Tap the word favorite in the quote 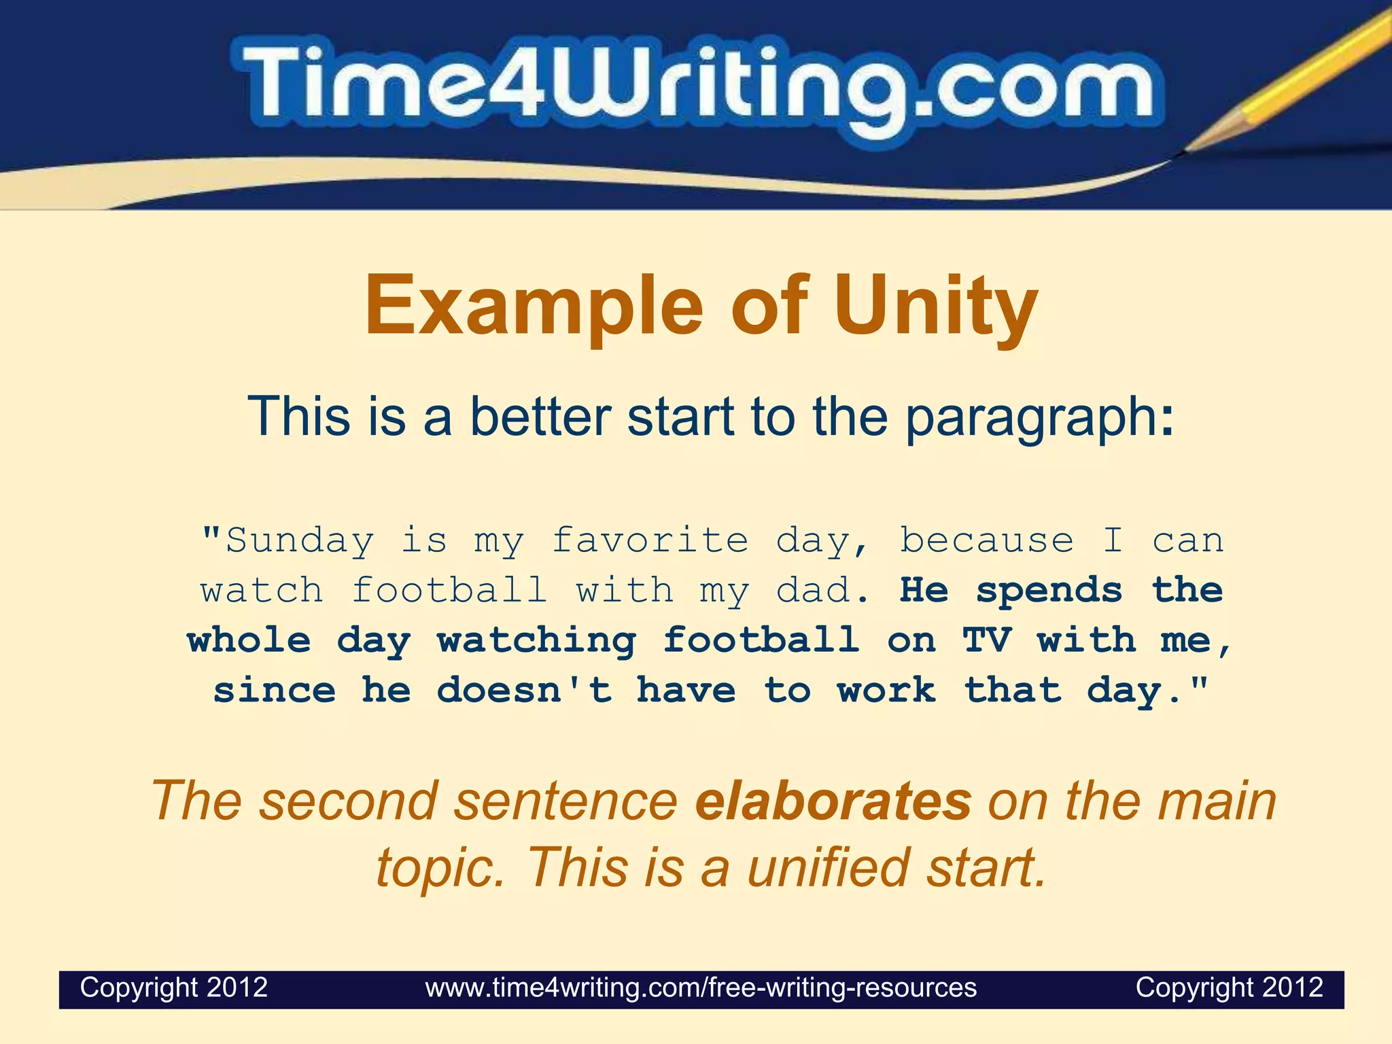[650, 540]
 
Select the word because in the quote [986, 540]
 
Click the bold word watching [537, 640]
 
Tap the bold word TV [987, 640]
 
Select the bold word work [886, 691]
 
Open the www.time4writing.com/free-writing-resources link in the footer [701, 987]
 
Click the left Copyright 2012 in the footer [174, 987]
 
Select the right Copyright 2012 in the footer [1229, 987]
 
